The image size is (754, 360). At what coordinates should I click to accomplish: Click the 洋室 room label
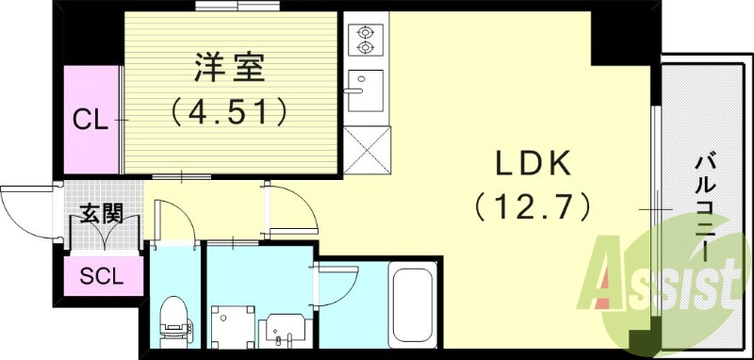point(229,71)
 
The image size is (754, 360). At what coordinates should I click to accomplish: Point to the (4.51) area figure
point(229,113)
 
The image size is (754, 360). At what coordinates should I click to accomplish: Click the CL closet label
point(90,120)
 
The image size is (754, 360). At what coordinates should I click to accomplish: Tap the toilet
point(173,319)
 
